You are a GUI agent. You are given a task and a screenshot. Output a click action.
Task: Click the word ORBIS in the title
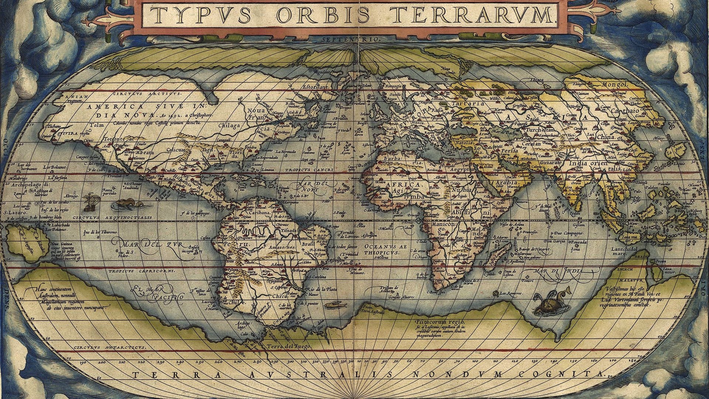click(322, 14)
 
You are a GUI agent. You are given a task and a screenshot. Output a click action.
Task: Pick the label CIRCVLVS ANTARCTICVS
click(109, 348)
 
